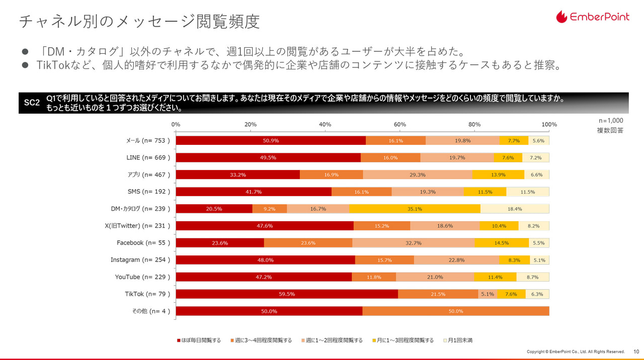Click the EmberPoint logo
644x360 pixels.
pos(593,17)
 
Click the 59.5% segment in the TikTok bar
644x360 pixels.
pos(287,294)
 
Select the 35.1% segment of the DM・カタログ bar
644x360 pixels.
pos(415,209)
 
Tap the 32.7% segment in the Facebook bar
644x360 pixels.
pos(413,243)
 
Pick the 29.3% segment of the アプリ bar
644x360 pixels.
pos(418,174)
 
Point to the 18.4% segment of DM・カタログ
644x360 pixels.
pos(515,209)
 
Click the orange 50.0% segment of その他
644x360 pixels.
pos(455,311)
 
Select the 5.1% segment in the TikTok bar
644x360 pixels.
pos(488,294)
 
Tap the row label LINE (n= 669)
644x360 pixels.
pos(148,157)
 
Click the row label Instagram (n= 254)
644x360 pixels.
pos(140,260)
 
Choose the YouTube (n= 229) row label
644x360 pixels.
pos(142,277)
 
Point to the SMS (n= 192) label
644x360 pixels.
pos(149,192)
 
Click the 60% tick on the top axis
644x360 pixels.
pos(400,124)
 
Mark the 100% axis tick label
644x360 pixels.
pos(549,124)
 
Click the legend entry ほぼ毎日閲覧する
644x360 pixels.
pos(199,340)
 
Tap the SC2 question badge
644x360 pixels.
pos(32,103)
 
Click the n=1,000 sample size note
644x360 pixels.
pos(611,121)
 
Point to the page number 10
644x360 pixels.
pos(636,351)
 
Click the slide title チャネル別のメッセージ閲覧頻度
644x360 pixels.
pos(139,22)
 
